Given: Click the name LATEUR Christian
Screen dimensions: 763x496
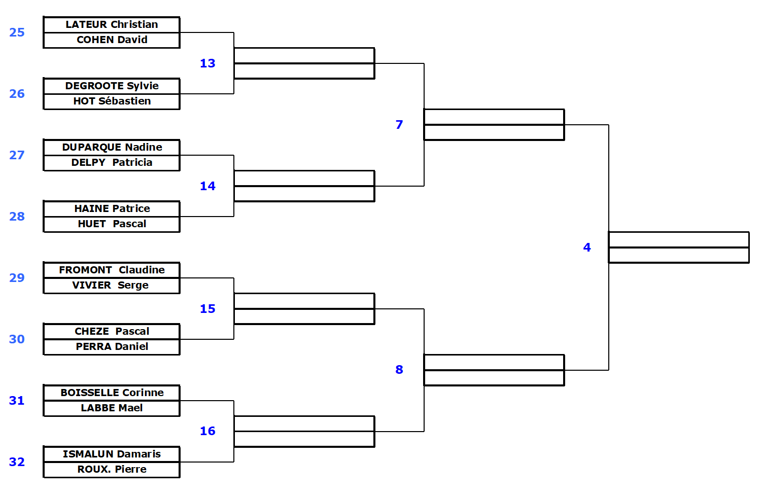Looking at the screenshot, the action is click(112, 25).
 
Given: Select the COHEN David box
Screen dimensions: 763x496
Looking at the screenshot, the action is click(112, 40).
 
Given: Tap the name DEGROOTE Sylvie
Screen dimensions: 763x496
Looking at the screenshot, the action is click(112, 86).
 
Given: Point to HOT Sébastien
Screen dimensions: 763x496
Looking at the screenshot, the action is click(112, 101).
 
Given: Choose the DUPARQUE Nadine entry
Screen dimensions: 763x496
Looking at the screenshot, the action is click(112, 148).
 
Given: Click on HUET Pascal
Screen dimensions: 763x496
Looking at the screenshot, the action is click(112, 224).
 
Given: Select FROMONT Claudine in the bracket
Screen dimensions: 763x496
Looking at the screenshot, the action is click(112, 270).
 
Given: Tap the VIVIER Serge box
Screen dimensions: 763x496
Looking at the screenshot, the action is click(111, 286).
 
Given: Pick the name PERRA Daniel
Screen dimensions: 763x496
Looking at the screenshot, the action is click(112, 347).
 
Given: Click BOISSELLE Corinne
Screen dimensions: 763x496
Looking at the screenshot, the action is click(112, 393).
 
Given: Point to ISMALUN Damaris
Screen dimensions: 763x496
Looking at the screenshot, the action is click(112, 454).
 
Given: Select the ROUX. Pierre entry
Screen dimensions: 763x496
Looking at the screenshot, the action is click(112, 470).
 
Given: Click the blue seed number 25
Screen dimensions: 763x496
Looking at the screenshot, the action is click(17, 32).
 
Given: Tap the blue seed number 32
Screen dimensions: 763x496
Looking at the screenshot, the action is click(17, 462).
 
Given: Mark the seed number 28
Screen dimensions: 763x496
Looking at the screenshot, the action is click(17, 217).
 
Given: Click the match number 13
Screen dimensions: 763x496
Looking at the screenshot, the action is click(207, 63).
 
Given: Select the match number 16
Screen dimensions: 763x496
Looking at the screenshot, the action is click(207, 431).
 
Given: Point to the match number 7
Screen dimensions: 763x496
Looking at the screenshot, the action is click(399, 125).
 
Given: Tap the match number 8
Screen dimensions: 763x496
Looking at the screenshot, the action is click(399, 370).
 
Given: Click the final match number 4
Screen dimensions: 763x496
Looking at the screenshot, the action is click(587, 247).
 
